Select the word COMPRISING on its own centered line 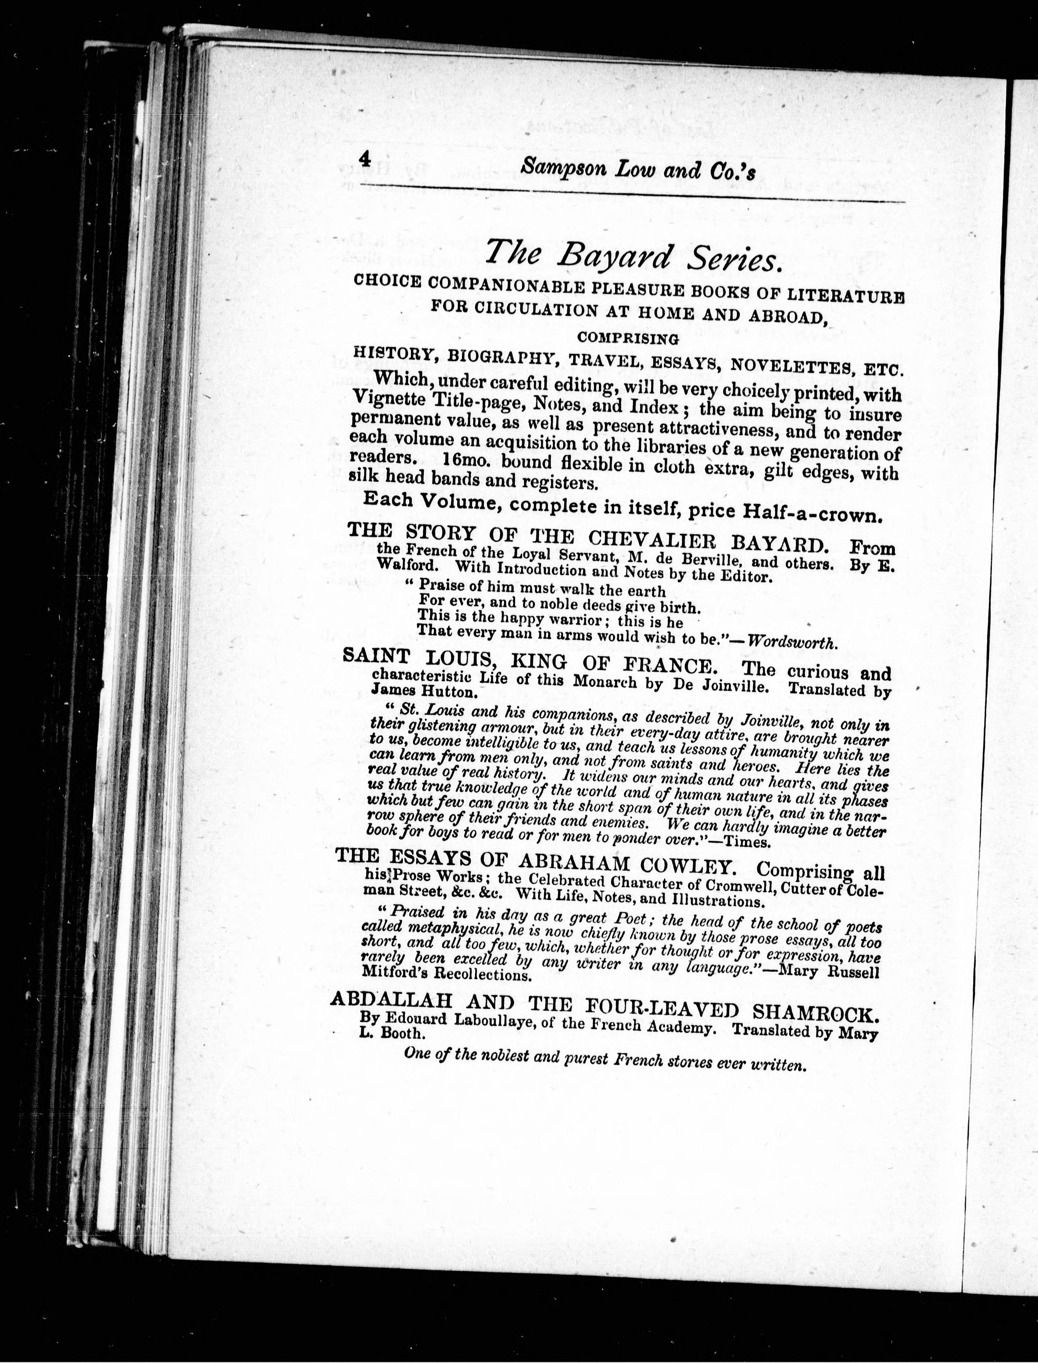627,339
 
